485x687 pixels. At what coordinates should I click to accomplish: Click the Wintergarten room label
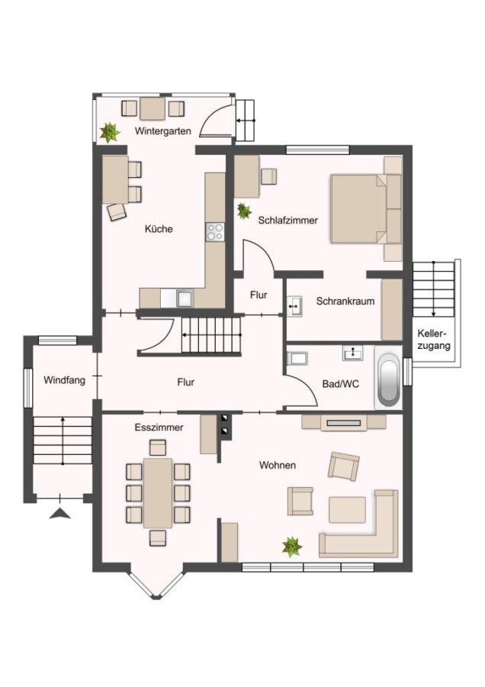coord(163,131)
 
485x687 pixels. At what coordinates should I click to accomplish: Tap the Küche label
coord(159,229)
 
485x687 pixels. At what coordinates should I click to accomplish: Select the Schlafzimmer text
coord(287,220)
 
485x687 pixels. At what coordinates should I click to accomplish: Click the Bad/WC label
coord(341,384)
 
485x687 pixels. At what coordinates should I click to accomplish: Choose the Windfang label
coord(64,380)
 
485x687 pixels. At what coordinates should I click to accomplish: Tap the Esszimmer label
coord(159,427)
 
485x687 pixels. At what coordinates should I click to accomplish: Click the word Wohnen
coord(278,465)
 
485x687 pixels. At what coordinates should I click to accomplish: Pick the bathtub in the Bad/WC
coord(388,378)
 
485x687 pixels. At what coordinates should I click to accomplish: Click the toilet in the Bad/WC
coord(297,359)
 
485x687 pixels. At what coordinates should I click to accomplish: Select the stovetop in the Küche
coord(215,232)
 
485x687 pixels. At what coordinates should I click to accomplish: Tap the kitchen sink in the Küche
coord(185,298)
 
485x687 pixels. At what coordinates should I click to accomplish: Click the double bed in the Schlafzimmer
coord(365,208)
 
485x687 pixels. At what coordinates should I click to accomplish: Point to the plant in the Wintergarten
coord(110,132)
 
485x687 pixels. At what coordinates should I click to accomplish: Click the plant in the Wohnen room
coord(292,547)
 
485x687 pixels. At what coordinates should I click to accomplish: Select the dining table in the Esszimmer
coord(158,493)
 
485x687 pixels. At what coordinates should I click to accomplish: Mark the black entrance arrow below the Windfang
coord(60,513)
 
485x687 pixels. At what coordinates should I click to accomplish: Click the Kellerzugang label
coord(434,339)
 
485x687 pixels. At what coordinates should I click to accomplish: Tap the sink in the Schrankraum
coord(294,306)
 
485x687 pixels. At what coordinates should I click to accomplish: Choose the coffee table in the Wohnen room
coord(347,510)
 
